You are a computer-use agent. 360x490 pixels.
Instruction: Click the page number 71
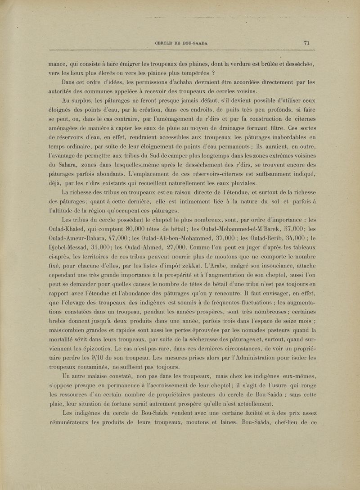[x=306, y=43]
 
